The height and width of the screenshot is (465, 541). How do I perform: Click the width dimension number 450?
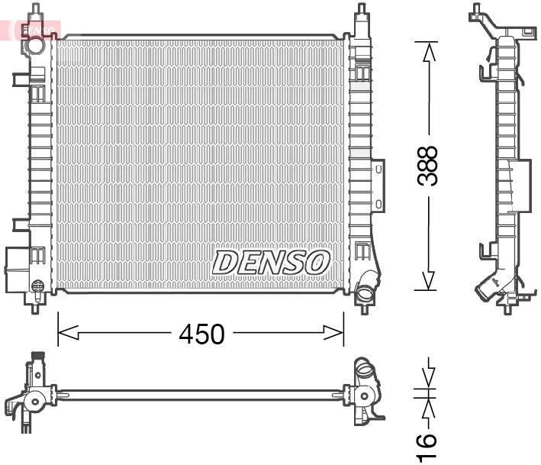click(x=201, y=334)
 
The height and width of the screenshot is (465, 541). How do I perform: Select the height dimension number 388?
click(x=428, y=166)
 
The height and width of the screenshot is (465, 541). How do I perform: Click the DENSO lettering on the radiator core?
click(x=271, y=262)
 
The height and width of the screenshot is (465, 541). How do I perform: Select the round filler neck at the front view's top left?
click(x=34, y=46)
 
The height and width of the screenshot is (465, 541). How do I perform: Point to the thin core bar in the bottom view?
click(x=198, y=395)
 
